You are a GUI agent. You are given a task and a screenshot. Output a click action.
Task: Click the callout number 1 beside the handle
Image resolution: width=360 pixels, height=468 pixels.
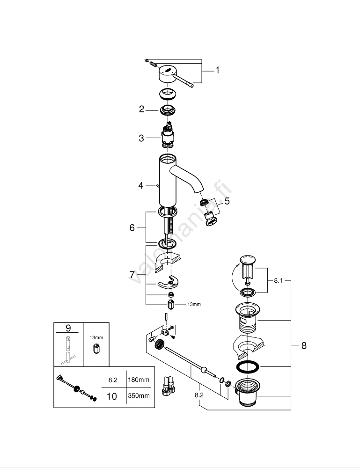coord(217,71)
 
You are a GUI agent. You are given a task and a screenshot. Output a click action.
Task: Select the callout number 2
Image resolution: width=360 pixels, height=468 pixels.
coord(141,110)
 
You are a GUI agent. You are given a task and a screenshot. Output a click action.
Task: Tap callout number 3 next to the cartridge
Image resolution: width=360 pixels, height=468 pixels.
coord(141,138)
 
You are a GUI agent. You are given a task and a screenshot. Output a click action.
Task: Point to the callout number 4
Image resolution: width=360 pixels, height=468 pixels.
coord(141,186)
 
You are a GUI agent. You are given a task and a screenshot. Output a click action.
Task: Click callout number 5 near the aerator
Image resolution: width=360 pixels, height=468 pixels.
coord(228,202)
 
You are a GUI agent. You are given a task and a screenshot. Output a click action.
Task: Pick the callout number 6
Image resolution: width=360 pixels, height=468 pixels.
coord(132,227)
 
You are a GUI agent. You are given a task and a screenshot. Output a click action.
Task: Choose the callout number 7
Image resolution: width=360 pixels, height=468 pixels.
coord(132,274)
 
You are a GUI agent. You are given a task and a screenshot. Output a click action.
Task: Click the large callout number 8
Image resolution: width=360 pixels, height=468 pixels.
coord(304,346)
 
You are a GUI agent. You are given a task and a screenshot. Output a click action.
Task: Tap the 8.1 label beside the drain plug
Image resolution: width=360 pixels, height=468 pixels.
coord(279,281)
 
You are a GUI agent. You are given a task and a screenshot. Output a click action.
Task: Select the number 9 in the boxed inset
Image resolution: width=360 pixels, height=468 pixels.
coord(68,328)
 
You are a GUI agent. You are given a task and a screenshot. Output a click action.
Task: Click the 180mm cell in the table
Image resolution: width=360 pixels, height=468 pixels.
coord(139,380)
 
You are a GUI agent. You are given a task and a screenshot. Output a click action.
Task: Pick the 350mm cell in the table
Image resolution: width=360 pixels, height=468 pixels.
coord(139,396)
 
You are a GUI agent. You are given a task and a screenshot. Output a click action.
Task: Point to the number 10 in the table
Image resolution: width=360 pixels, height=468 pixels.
coord(112,396)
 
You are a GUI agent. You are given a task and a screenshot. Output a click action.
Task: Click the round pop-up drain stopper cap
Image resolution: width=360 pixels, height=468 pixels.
coord(247,259)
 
